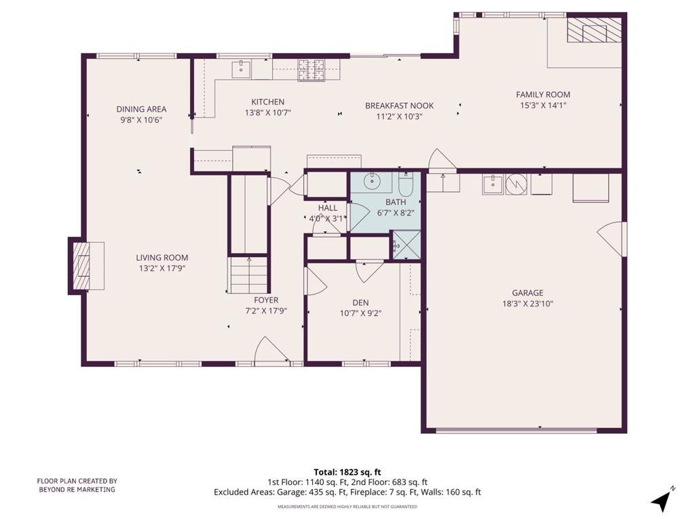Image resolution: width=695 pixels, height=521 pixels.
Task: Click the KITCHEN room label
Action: [x=267, y=102]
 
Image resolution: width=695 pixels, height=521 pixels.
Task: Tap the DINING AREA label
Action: [x=141, y=109]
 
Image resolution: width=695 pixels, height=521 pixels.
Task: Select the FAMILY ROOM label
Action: [x=543, y=94]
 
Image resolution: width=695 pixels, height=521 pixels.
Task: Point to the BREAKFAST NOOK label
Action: [x=399, y=106]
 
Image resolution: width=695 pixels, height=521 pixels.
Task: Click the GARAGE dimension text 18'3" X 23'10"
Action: [x=527, y=304]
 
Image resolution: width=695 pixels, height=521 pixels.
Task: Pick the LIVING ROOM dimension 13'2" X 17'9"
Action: [x=162, y=268]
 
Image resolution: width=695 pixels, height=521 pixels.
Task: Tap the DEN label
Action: [x=360, y=303]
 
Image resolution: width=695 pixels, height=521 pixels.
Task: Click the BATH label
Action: [x=396, y=202]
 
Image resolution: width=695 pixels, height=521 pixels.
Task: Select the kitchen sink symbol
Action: [x=241, y=70]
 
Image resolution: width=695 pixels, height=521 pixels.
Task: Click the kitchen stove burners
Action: [x=311, y=71]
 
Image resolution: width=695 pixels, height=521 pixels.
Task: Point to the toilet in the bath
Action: [x=406, y=185]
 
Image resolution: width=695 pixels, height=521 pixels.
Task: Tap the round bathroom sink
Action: [x=371, y=180]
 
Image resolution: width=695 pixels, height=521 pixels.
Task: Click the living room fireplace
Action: [x=86, y=266]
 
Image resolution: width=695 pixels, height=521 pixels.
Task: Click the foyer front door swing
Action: [x=271, y=351]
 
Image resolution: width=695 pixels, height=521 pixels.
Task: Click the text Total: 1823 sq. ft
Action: [x=347, y=472]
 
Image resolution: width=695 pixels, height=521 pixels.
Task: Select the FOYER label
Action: [x=266, y=301]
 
